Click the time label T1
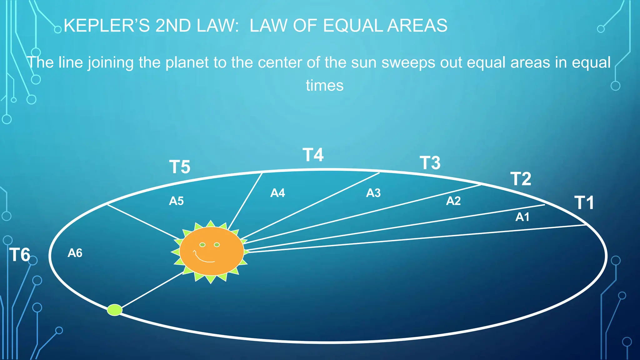tap(584, 203)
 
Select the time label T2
tap(521, 179)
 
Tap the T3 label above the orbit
tap(430, 163)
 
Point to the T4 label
tap(313, 155)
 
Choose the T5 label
tap(180, 167)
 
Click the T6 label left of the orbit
tap(20, 255)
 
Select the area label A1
tap(522, 217)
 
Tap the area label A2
tap(453, 201)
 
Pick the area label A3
tap(373, 193)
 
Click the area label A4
tap(277, 193)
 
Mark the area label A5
tap(176, 201)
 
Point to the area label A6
tap(75, 253)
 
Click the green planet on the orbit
tap(115, 310)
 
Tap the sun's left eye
tap(202, 245)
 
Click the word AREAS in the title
tap(417, 26)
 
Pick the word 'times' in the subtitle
tap(325, 86)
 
